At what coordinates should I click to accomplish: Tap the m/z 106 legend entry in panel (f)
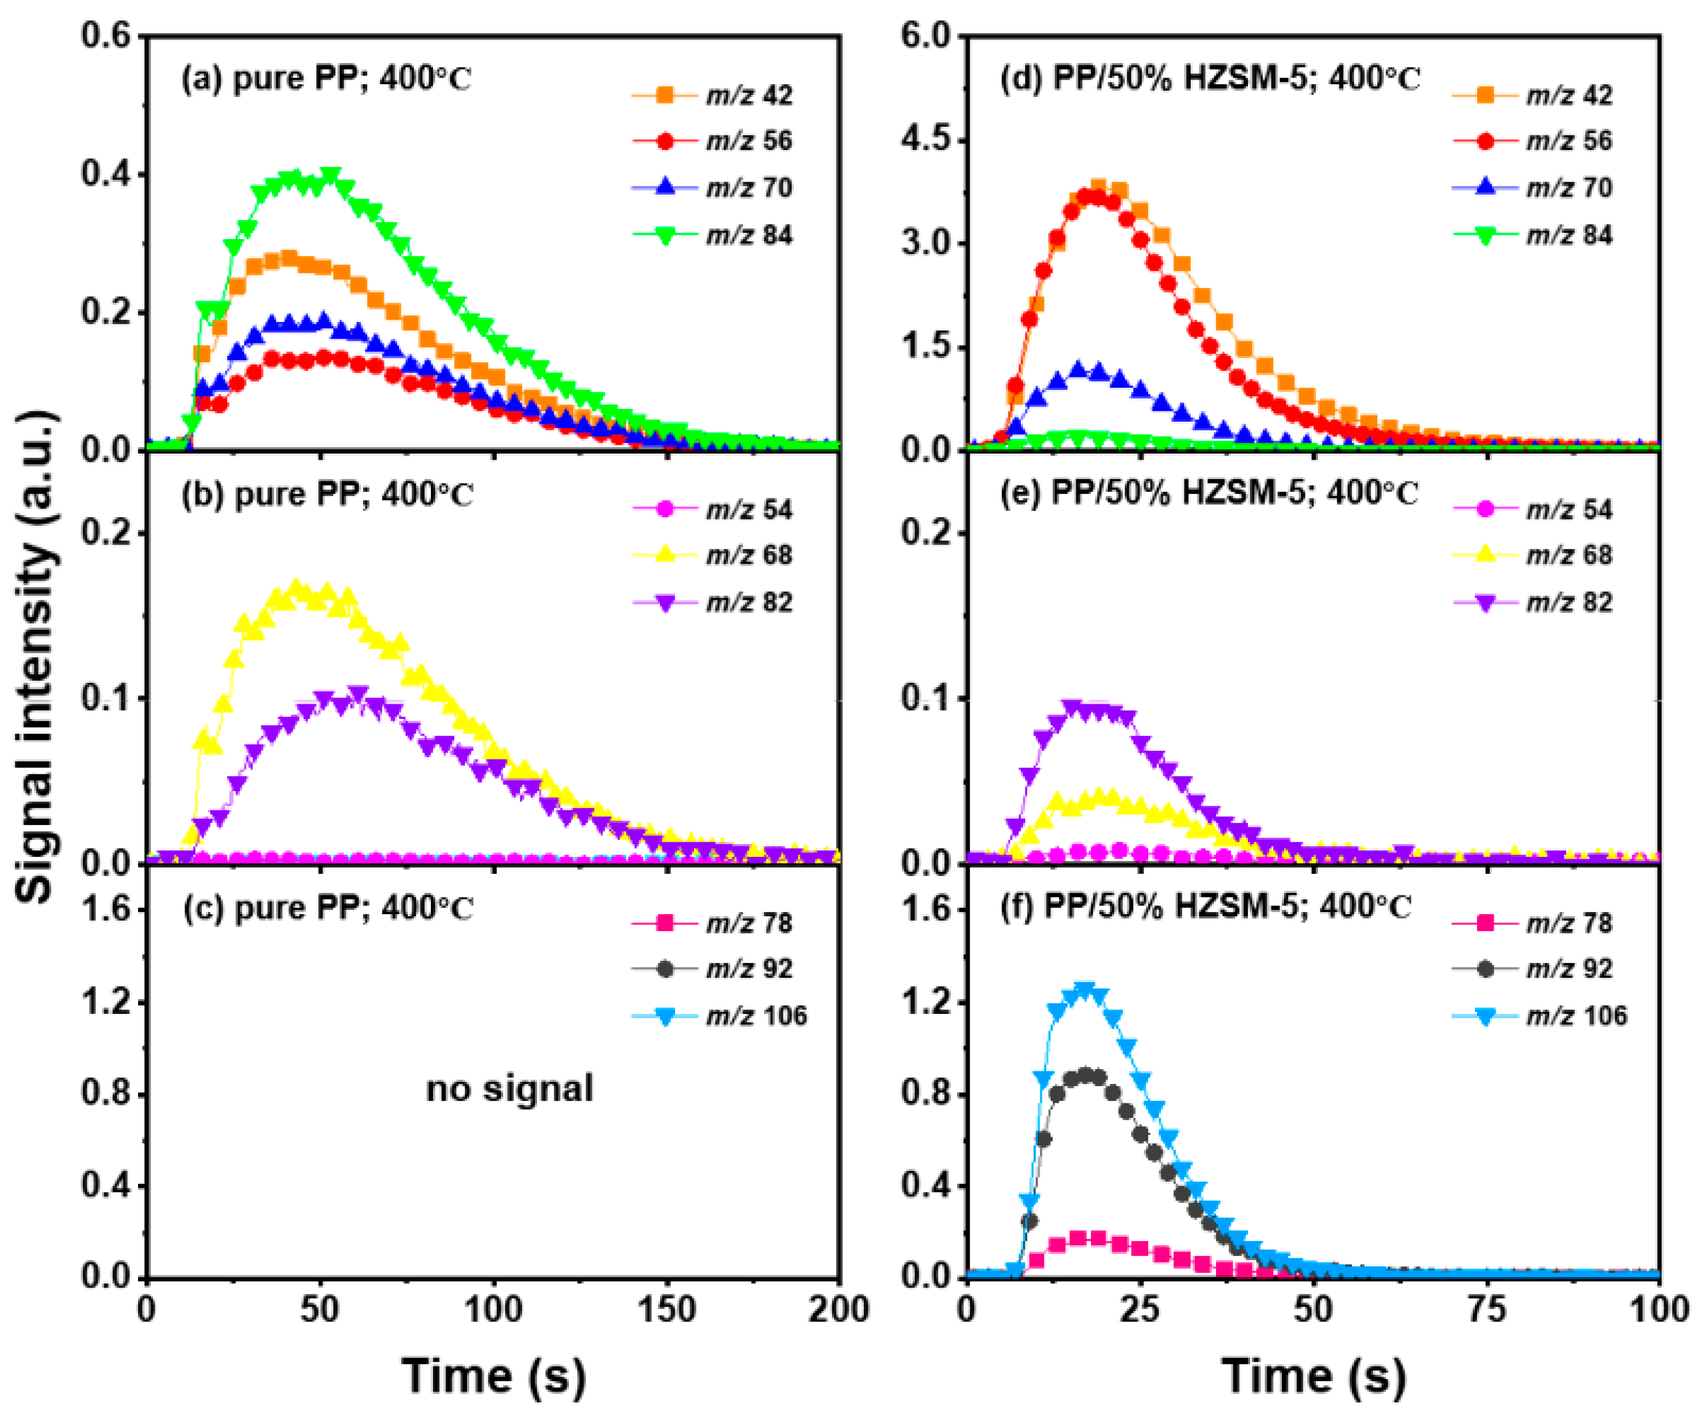point(1541,1016)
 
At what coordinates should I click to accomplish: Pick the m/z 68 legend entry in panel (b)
point(713,555)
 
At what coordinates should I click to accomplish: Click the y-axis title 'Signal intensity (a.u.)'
point(37,657)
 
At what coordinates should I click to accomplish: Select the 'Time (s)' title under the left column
point(493,1376)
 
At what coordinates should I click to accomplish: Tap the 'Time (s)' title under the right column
point(1313,1376)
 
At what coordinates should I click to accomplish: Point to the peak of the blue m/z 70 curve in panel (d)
point(1079,369)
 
